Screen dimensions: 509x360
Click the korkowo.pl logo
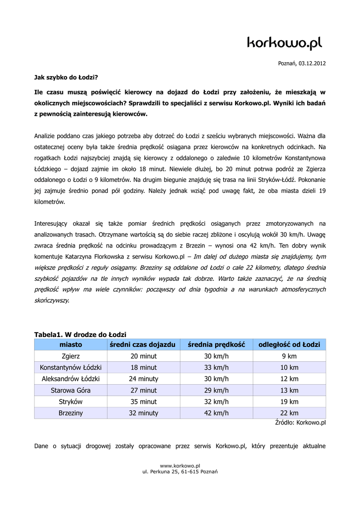[284, 44]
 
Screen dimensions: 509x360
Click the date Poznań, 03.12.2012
[301, 64]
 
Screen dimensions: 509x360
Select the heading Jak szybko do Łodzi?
[66, 78]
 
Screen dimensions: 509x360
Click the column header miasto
[71, 344]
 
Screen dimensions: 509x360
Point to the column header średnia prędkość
[216, 344]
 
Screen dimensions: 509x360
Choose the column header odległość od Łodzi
[289, 344]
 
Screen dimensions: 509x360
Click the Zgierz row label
[71, 356]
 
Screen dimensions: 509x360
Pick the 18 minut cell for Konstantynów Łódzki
[143, 368]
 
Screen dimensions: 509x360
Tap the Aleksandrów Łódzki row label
[71, 379]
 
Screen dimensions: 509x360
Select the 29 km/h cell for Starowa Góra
[216, 390]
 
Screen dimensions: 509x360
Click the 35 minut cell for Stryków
[143, 402]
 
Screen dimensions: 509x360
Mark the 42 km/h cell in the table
[216, 413]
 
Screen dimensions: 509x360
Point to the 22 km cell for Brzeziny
[289, 413]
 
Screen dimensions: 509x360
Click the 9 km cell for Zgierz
[289, 356]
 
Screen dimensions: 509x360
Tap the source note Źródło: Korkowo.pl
[300, 423]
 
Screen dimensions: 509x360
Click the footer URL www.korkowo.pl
[180, 465]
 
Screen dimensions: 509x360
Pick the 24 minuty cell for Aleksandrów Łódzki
[143, 379]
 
